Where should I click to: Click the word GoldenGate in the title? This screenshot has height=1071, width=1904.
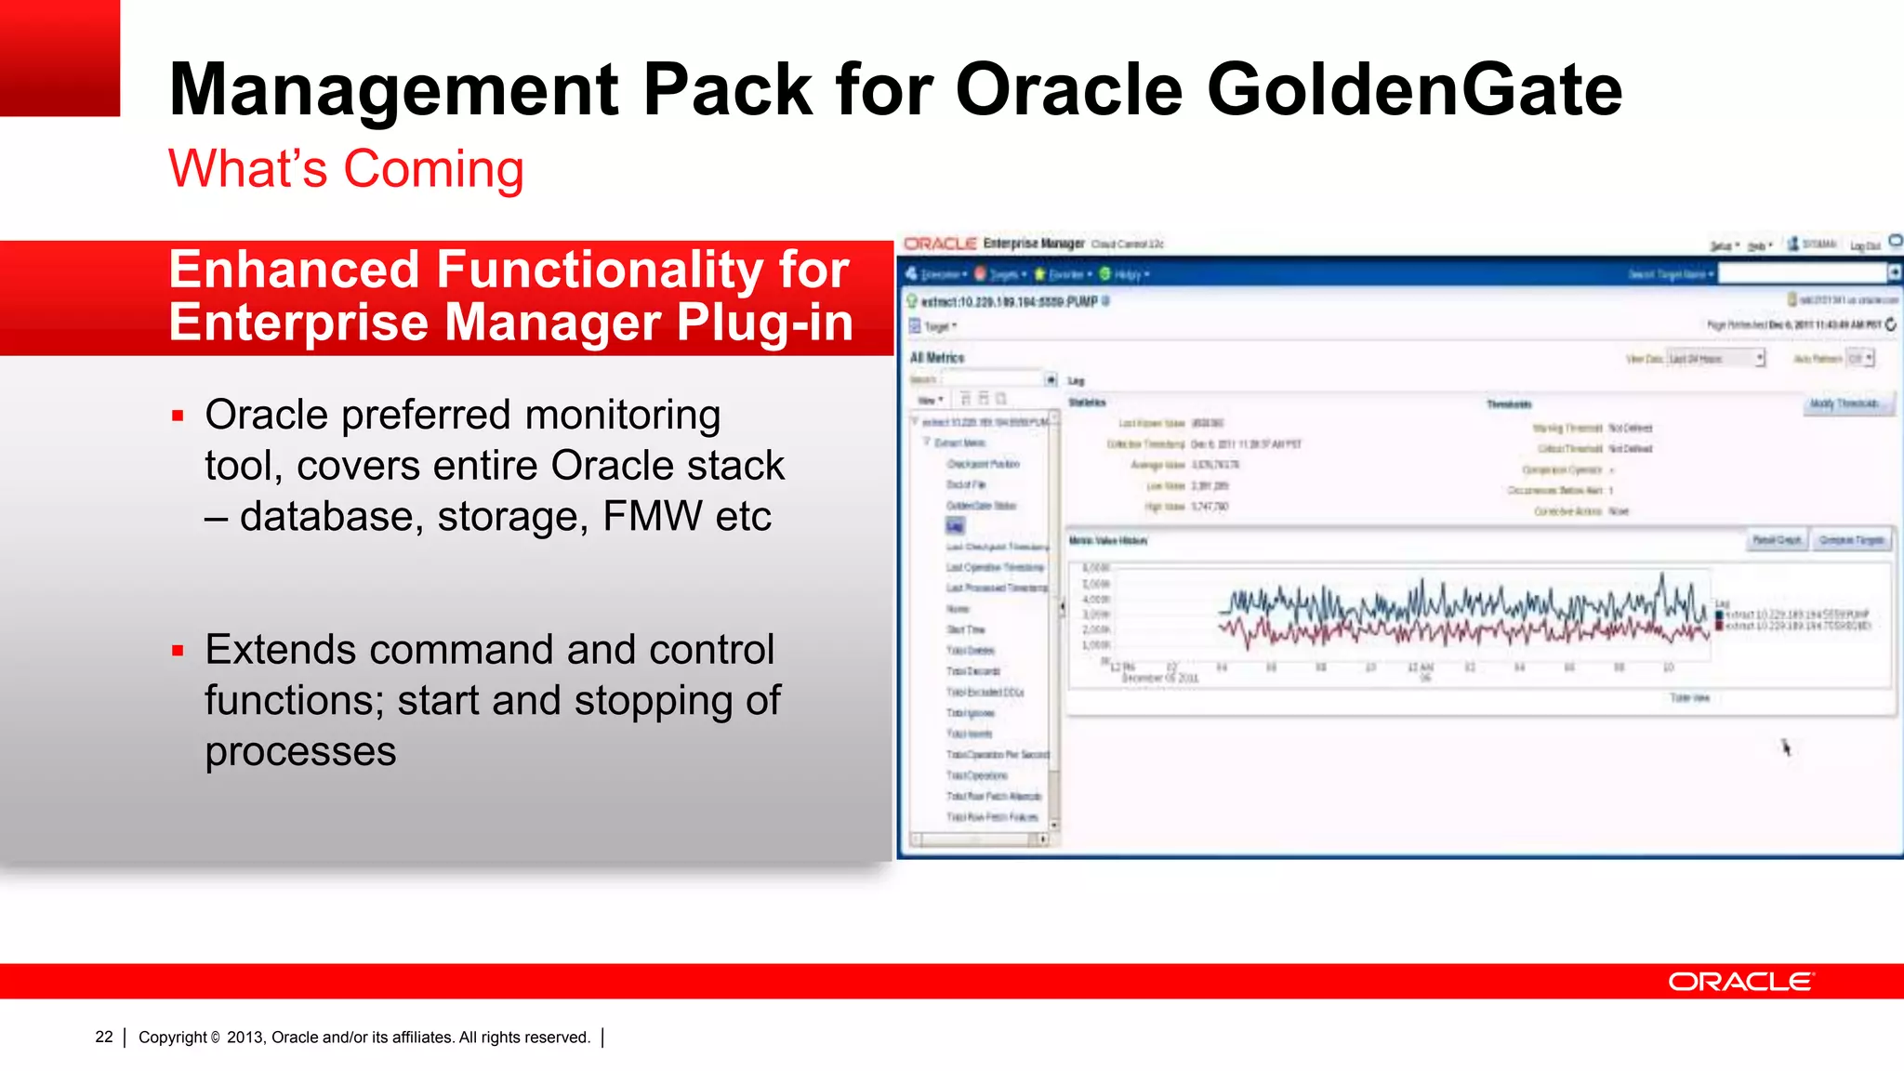tap(1413, 90)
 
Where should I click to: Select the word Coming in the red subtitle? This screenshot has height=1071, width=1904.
tap(433, 169)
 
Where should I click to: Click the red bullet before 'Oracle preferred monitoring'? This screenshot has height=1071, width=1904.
tap(178, 416)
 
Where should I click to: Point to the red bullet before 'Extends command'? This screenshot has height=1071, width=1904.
tap(178, 651)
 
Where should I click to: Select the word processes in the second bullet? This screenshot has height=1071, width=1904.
tap(300, 751)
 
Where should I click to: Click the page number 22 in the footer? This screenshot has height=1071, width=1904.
tap(104, 1037)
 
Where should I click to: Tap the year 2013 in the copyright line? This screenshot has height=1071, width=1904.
tap(245, 1037)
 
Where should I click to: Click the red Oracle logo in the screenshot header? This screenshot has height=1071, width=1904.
tap(940, 244)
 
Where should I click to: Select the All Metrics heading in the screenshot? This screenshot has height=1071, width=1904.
tap(937, 358)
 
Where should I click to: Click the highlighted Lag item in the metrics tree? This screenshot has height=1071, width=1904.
tap(955, 526)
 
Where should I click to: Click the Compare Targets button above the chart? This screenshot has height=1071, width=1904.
tap(1851, 540)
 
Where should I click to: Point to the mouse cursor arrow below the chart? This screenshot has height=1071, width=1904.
tap(1785, 747)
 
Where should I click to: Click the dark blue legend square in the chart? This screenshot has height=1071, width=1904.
tap(1719, 615)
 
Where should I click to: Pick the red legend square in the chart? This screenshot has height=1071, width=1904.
tap(1719, 626)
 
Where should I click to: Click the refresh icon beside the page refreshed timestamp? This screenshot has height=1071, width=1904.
tap(1890, 324)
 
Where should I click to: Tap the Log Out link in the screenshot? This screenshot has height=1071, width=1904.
tap(1864, 245)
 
